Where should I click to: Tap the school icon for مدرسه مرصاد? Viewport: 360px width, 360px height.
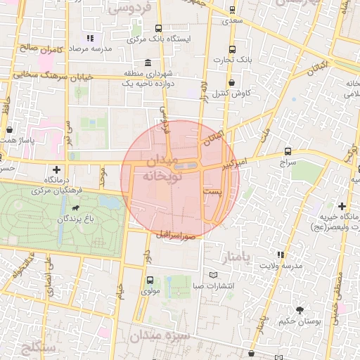(x=90, y=38)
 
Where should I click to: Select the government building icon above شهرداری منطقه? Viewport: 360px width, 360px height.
(x=146, y=62)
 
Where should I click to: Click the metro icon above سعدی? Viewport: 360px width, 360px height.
(x=232, y=11)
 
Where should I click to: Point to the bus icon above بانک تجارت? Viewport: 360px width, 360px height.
(x=232, y=49)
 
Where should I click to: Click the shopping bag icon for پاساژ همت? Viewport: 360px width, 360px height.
(x=8, y=130)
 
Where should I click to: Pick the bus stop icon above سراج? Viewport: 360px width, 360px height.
(x=288, y=151)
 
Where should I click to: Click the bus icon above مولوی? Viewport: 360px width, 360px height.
(x=149, y=281)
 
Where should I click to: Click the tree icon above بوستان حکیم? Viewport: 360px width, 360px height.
(x=300, y=310)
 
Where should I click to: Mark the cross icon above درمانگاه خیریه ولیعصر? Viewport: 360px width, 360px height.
(x=342, y=207)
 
